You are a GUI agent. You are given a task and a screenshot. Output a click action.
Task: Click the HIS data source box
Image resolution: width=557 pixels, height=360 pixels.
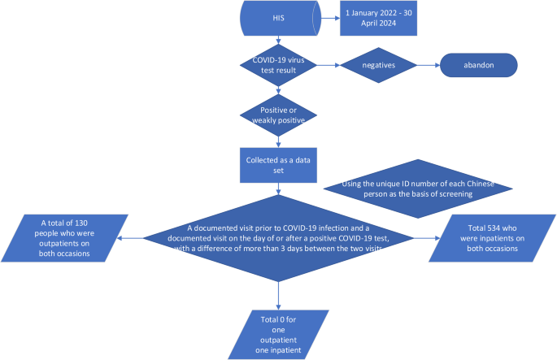(x=279, y=18)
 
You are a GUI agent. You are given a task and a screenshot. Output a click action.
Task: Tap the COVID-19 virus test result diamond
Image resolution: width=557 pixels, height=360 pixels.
(x=279, y=64)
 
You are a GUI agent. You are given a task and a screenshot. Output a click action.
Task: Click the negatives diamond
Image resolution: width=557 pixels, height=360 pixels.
(x=379, y=64)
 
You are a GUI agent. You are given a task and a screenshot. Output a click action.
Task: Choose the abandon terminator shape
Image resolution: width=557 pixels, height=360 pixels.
(x=479, y=64)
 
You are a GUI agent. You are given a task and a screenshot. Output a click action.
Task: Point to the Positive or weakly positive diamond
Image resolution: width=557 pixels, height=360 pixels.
(x=279, y=115)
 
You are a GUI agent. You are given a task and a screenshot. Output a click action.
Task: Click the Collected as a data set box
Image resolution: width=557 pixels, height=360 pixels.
(x=279, y=160)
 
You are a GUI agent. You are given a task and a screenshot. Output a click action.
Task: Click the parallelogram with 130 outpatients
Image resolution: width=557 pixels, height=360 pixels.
(x=65, y=237)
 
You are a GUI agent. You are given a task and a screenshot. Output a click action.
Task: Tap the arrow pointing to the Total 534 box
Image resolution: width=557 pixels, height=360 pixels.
(x=424, y=239)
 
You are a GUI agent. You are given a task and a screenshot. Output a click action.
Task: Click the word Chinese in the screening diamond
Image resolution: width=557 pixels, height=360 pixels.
(x=468, y=183)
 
